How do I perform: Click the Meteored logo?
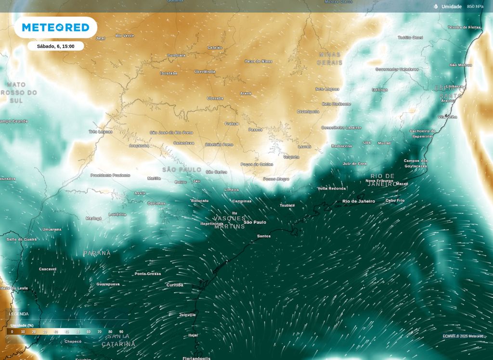point(55,27)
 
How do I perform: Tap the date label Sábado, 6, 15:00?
point(55,46)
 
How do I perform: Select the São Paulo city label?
point(255,222)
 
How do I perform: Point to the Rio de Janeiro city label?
point(358,201)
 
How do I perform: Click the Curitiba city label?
point(175,285)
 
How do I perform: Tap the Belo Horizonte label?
point(337,104)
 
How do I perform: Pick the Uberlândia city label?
point(205,72)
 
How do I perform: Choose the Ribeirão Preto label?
point(219,144)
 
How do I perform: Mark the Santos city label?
point(264,236)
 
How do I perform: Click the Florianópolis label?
point(196,358)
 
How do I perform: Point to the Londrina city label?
point(117,215)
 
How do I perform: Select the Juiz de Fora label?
point(355,164)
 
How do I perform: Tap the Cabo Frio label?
point(395,200)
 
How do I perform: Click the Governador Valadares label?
point(397,69)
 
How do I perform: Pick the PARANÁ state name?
point(97,253)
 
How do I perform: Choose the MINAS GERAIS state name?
point(330,59)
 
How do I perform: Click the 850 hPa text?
point(475,7)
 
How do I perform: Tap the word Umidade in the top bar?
point(451,7)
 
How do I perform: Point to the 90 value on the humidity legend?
point(121,332)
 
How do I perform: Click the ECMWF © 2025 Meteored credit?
point(463,336)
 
